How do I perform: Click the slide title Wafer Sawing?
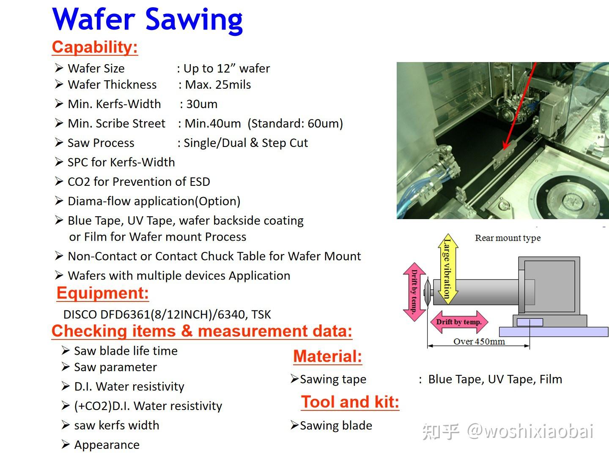click(x=147, y=19)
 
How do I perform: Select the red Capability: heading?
click(x=95, y=47)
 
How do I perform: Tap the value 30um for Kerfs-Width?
click(x=202, y=104)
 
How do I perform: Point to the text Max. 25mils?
click(x=218, y=84)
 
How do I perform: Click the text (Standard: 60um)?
click(x=295, y=123)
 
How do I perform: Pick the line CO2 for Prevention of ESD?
click(x=139, y=182)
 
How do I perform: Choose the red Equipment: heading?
click(x=103, y=293)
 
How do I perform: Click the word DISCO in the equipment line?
click(x=80, y=315)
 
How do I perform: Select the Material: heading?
click(x=328, y=356)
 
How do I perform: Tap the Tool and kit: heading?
click(x=350, y=402)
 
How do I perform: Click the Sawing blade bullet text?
click(x=336, y=426)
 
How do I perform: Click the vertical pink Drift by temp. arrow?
click(x=414, y=292)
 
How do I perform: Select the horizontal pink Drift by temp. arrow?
click(x=459, y=322)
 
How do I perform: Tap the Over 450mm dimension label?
click(x=479, y=342)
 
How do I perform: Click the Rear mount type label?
click(x=507, y=238)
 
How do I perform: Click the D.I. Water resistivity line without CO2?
click(x=129, y=386)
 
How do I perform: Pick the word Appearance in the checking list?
click(x=107, y=445)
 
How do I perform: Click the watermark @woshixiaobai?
click(x=530, y=432)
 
